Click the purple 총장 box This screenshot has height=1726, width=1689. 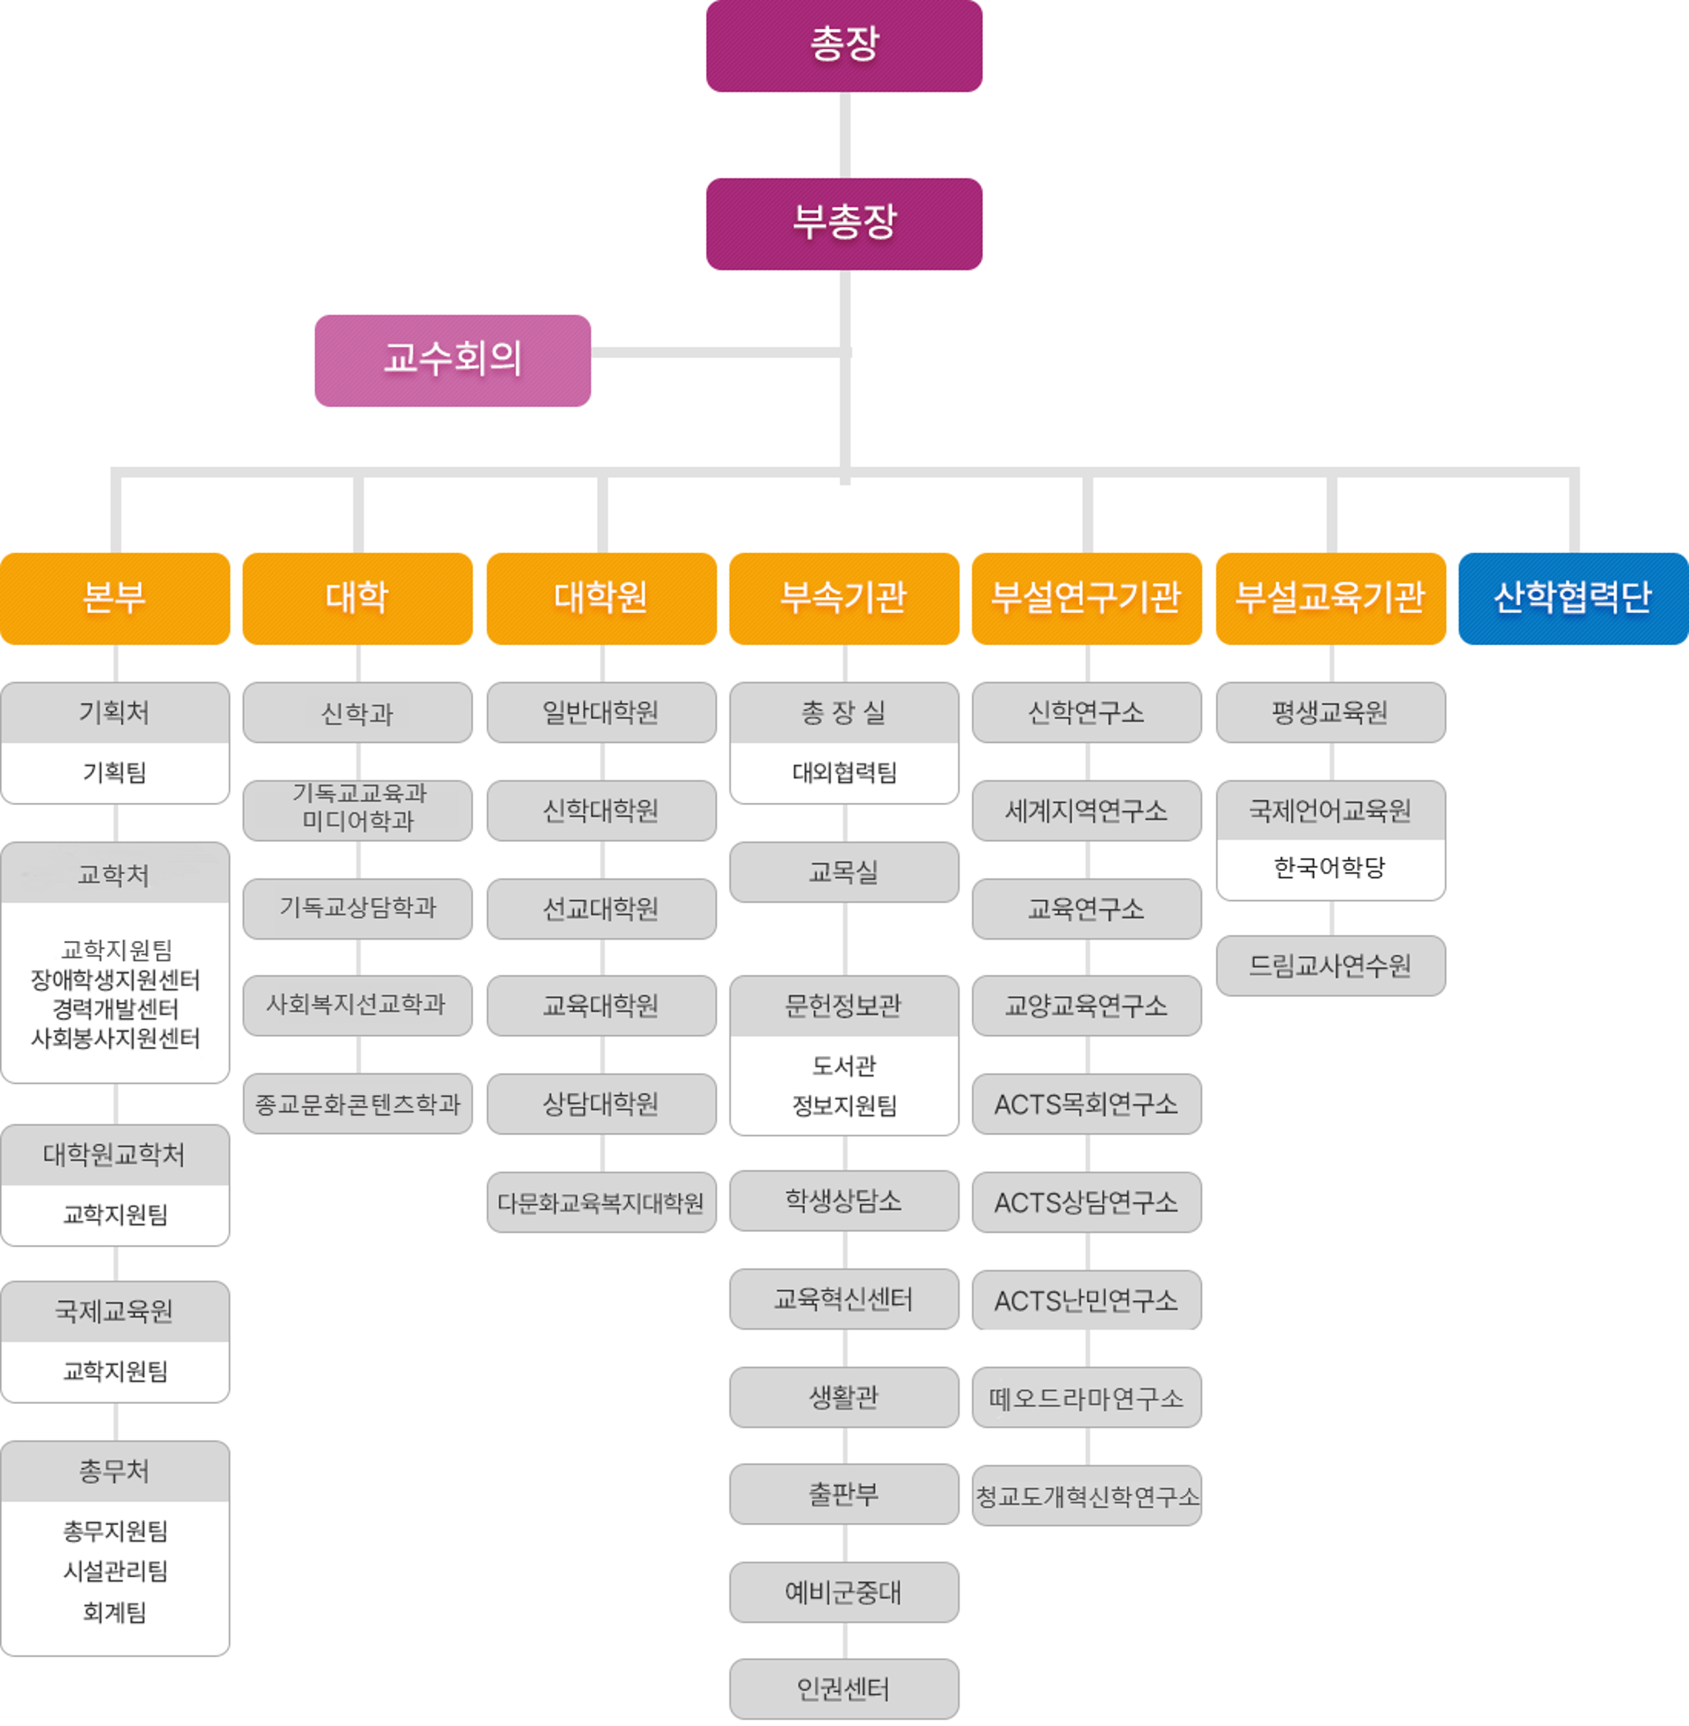[843, 45]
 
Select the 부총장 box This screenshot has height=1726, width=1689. [843, 224]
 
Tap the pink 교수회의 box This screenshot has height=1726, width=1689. [453, 360]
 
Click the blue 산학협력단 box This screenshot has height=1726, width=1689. [1573, 598]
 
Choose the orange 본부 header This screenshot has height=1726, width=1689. [114, 598]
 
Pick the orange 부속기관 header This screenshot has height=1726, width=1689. [843, 598]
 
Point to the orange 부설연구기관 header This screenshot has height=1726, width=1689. [1087, 598]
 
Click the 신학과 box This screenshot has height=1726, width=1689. [358, 712]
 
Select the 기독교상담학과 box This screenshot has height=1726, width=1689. [358, 908]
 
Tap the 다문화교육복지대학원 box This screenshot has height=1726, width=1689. [601, 1202]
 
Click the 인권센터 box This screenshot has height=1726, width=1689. [843, 1689]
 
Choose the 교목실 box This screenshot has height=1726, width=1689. [843, 872]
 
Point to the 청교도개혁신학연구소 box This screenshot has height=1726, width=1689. [1087, 1496]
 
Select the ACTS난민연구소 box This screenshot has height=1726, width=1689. [1087, 1300]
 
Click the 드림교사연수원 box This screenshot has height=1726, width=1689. [1330, 965]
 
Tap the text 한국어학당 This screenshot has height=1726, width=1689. [1330, 867]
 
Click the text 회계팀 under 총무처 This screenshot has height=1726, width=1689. [114, 1612]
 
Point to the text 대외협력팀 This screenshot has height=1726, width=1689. [843, 773]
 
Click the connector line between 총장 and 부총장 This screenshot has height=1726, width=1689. [845, 135]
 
